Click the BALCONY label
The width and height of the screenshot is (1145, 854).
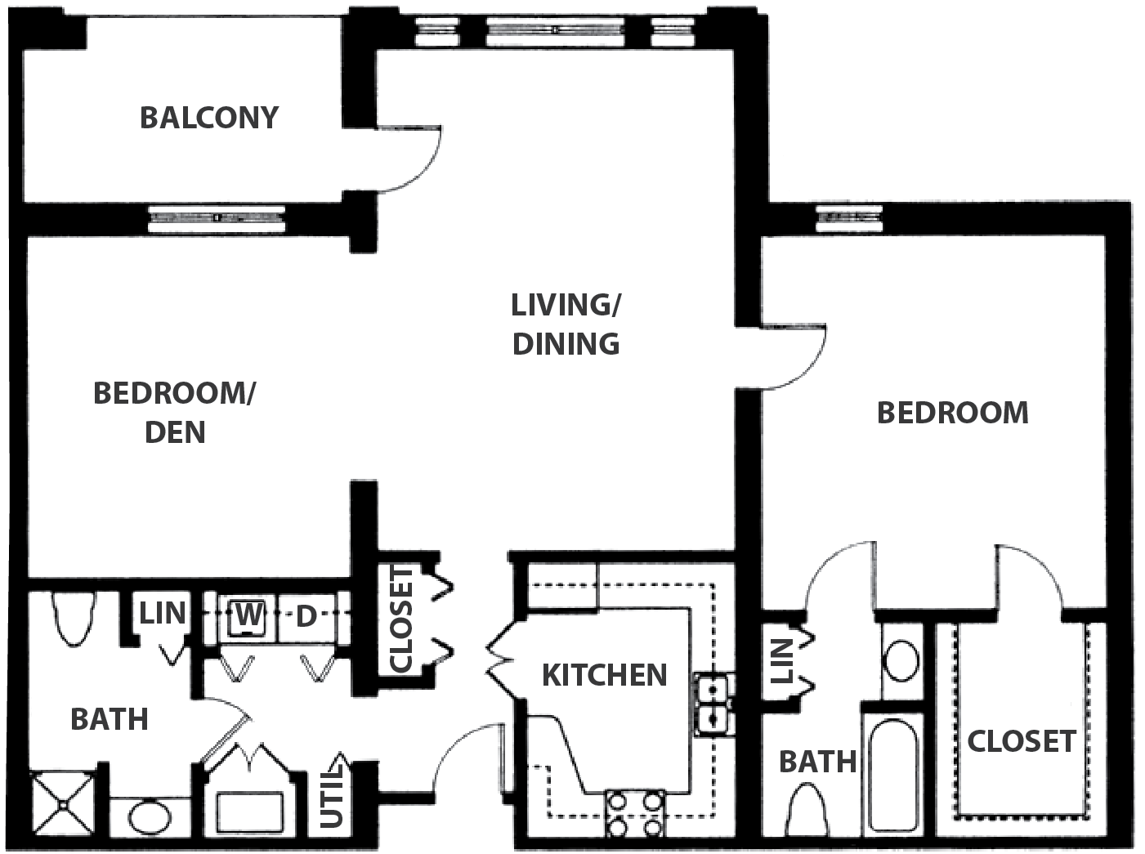[209, 118]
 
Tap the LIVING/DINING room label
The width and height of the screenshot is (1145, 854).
[566, 324]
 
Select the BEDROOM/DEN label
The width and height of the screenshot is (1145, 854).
[174, 413]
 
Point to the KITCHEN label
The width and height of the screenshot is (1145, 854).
[605, 675]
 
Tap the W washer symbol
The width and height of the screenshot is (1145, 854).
[248, 615]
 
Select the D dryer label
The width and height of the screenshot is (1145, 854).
[306, 617]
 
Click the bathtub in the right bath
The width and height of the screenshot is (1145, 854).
[893, 775]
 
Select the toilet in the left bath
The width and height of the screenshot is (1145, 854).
[74, 619]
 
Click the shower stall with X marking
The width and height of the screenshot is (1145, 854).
[63, 805]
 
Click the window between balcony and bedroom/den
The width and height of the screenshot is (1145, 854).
[217, 218]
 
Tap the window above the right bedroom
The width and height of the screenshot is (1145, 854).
[849, 218]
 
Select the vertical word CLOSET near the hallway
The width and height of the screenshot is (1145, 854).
[401, 619]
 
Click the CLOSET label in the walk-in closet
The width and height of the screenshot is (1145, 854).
[1022, 741]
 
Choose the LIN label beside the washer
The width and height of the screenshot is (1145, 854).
[163, 613]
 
